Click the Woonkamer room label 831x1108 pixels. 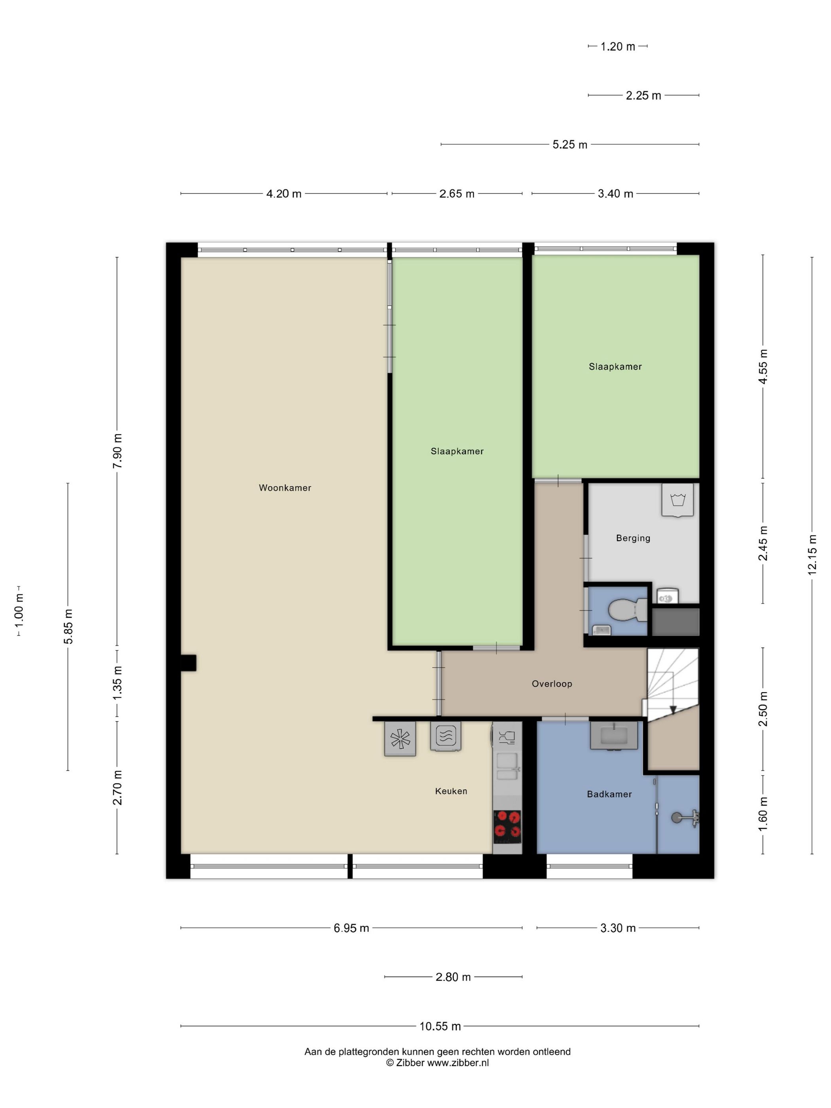tap(285, 488)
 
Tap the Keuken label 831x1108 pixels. tap(451, 791)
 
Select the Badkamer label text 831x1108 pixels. tap(609, 794)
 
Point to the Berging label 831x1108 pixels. tap(633, 538)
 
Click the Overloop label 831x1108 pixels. tap(552, 684)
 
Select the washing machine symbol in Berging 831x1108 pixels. tap(677, 499)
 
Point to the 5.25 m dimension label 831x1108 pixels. tap(569, 144)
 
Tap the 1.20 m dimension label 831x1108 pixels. tap(618, 47)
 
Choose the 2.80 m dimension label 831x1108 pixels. tap(453, 977)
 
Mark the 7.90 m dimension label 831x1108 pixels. tap(117, 451)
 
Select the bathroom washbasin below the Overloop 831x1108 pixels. tap(614, 735)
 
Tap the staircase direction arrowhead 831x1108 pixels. tap(673, 709)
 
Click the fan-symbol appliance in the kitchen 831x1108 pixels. tap(400, 739)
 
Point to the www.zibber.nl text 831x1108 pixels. tap(458, 1063)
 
